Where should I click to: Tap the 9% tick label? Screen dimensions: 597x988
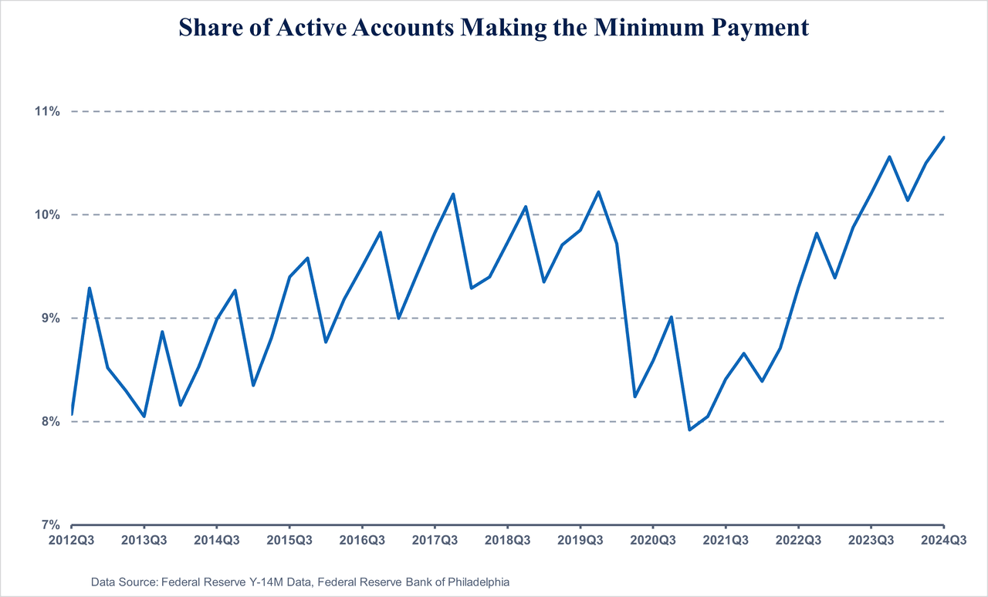(50, 318)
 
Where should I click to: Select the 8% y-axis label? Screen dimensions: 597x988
(50, 421)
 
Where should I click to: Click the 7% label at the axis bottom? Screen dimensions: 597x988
(50, 524)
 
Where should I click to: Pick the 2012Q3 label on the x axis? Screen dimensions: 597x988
(71, 540)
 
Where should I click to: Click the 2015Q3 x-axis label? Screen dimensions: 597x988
(289, 540)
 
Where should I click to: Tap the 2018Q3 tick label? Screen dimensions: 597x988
(507, 540)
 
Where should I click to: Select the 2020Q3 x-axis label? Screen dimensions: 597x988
(652, 540)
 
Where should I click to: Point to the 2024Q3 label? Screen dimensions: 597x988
(942, 540)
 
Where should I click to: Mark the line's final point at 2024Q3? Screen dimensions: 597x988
(943, 137)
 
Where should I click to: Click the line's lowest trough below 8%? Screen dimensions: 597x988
(689, 430)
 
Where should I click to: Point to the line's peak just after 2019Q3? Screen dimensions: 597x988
(598, 192)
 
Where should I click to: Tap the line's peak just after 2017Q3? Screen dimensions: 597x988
(453, 194)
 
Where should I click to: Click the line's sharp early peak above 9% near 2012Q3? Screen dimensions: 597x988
(90, 288)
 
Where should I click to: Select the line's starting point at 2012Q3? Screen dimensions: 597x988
(72, 414)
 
